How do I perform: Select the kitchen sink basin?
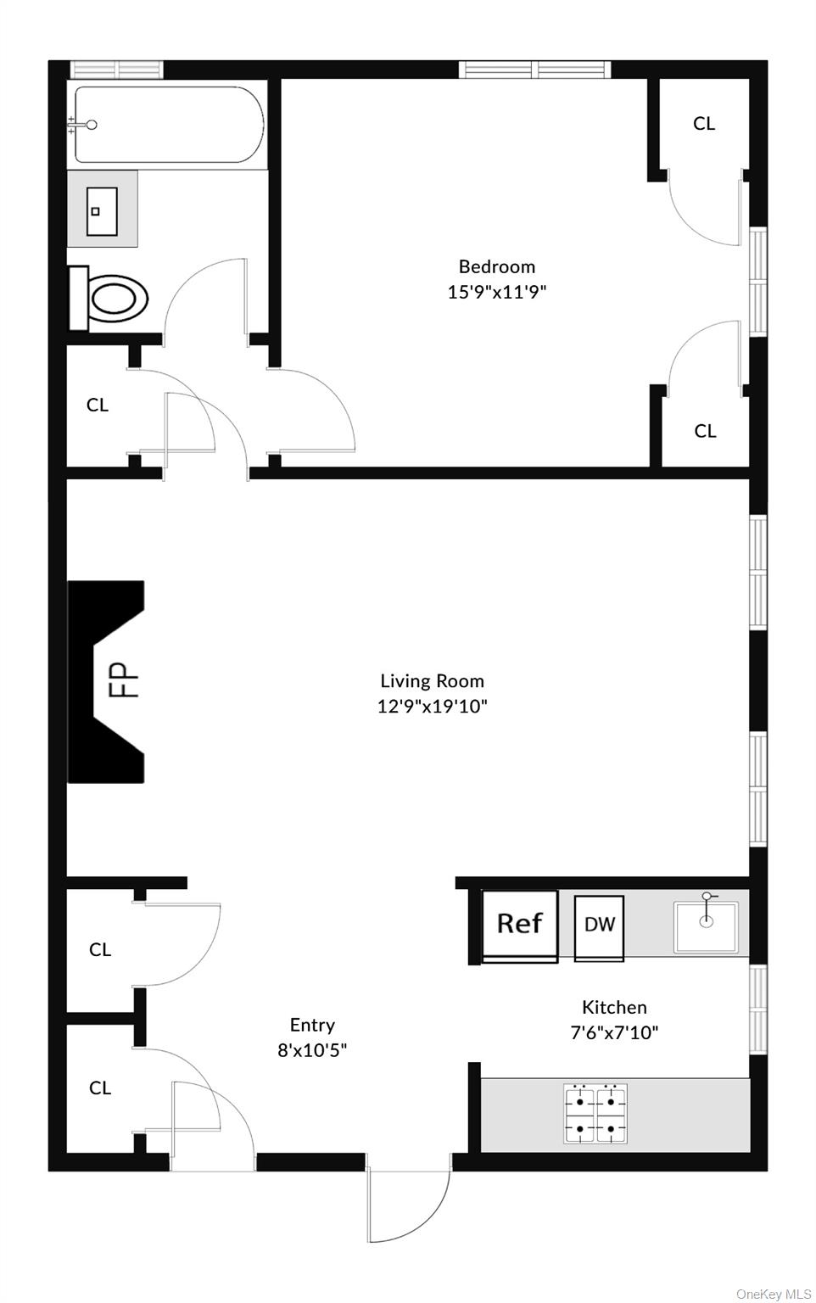706,927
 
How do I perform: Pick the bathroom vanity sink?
102,210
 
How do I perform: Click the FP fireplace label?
125,679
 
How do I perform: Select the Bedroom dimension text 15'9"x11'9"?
497,292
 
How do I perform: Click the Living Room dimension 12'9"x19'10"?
432,706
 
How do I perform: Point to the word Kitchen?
614,1007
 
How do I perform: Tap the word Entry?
312,1025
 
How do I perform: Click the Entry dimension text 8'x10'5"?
312,1050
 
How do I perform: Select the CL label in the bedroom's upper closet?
704,123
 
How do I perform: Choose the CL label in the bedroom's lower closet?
705,431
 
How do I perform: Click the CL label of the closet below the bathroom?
98,405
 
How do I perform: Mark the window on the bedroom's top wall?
535,70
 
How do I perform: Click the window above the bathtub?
116,70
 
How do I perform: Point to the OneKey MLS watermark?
774,1294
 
